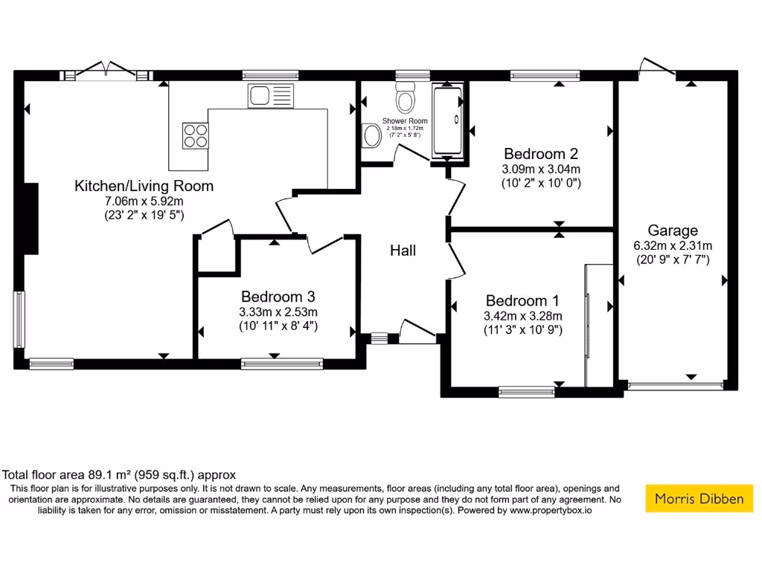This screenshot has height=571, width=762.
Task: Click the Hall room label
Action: click(403, 251)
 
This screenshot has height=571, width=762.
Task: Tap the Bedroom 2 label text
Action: click(541, 154)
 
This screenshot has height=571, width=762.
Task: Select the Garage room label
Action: click(672, 230)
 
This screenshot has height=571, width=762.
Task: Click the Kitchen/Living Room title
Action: click(144, 186)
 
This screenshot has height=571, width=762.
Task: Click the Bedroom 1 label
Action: click(522, 300)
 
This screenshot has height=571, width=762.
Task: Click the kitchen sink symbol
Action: click(271, 95)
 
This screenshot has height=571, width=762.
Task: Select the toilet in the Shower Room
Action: click(406, 97)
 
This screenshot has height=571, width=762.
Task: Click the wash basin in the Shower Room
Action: click(371, 135)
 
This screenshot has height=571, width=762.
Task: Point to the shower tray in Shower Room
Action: click(446, 121)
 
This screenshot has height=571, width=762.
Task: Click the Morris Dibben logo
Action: click(699, 498)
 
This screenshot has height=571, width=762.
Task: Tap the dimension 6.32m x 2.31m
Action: click(672, 245)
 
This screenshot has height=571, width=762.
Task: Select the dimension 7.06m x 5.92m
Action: click(144, 201)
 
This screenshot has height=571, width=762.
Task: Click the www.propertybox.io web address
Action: click(551, 511)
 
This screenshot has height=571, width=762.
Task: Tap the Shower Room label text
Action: click(405, 121)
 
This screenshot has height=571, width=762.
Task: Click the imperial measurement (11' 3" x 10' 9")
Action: click(522, 329)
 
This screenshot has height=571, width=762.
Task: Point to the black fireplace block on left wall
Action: click(31, 220)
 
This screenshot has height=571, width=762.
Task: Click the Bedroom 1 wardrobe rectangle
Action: click(598, 325)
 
